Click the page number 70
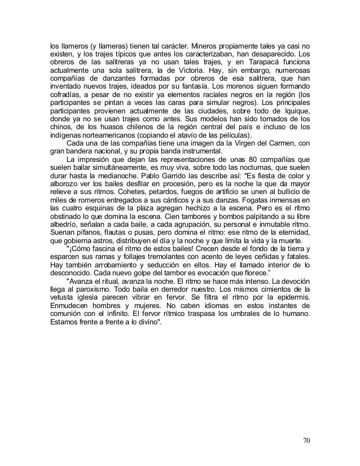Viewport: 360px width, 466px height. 306,441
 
